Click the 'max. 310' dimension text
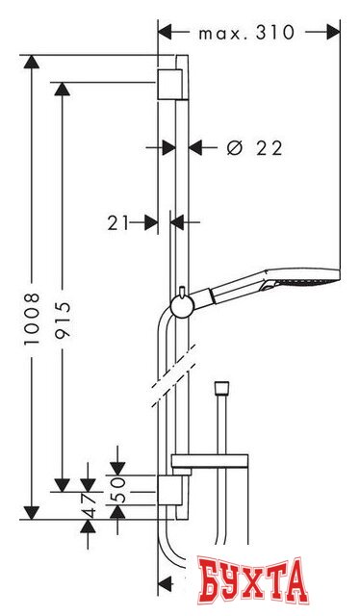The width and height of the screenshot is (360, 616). (x=246, y=33)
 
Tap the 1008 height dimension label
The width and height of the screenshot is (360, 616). (x=32, y=319)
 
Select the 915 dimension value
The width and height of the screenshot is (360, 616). (x=63, y=320)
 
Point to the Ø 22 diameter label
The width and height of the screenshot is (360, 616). (x=255, y=148)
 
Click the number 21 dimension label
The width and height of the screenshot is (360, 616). (x=118, y=223)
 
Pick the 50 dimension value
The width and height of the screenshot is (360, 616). (x=117, y=490)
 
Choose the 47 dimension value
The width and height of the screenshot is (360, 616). (x=88, y=505)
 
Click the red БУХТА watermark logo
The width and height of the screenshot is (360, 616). (x=252, y=579)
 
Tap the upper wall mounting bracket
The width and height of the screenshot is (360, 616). (x=170, y=84)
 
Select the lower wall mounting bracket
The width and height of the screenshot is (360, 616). (x=170, y=490)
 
